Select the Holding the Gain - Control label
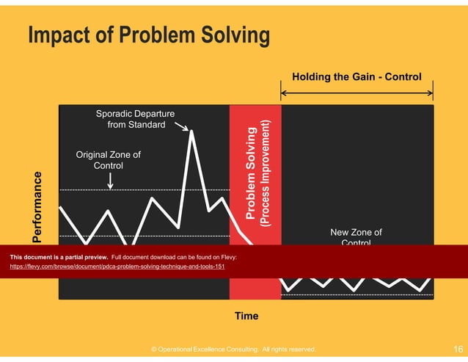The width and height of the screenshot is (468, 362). click(357, 76)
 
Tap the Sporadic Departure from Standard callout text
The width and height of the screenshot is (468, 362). click(136, 119)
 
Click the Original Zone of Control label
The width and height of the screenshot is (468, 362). click(109, 160)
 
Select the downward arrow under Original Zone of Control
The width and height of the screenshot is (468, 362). click(109, 181)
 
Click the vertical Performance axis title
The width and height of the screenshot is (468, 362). click(37, 206)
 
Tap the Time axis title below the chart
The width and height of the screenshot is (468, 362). click(246, 316)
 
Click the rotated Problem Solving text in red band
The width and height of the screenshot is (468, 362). click(251, 173)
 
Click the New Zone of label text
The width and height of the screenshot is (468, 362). click(356, 233)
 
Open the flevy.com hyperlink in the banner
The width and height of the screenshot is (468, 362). click(117, 267)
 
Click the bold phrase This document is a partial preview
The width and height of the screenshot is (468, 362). click(59, 258)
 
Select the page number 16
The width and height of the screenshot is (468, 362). click(458, 350)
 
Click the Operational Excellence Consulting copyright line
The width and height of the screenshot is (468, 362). click(233, 350)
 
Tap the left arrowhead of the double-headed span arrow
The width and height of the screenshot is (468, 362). click(284, 92)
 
